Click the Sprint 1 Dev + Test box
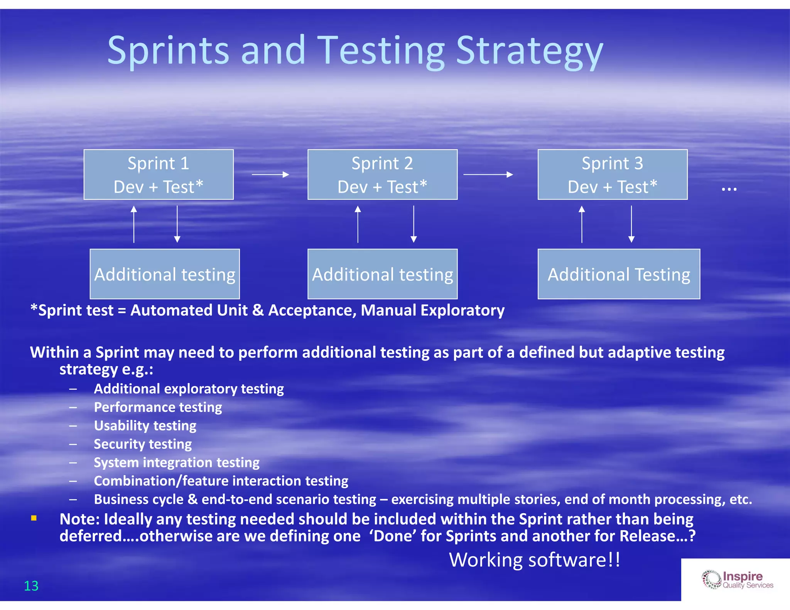159,175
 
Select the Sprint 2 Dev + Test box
382,175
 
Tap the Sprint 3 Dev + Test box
613,175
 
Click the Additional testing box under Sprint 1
165,274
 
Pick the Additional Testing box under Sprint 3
619,274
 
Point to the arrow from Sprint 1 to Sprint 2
270,175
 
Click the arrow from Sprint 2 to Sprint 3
488,175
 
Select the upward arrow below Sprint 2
358,224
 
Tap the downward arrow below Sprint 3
631,224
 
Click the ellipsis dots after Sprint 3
729,189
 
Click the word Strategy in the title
529,51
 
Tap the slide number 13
31,586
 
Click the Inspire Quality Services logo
737,580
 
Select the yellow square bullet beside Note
34,518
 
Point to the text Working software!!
535,559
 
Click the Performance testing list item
158,407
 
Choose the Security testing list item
143,444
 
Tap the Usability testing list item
145,426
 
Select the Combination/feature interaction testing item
221,481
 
